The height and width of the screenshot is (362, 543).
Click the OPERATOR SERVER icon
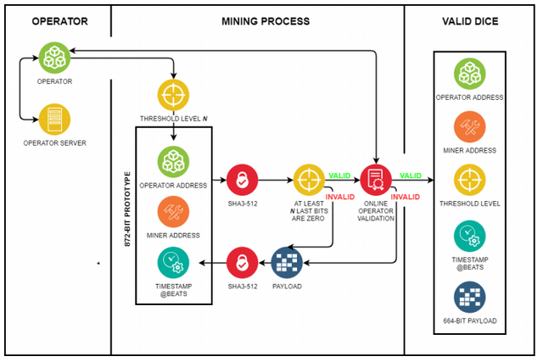tap(53, 120)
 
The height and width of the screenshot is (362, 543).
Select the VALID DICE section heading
tap(469, 19)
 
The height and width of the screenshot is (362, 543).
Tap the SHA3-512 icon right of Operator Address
tap(242, 180)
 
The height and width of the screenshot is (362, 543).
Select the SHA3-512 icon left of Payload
tap(242, 263)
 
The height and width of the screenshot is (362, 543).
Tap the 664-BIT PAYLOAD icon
tap(469, 297)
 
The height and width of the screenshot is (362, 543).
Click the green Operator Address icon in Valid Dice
tap(469, 75)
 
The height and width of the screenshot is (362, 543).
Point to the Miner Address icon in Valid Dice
tap(469, 127)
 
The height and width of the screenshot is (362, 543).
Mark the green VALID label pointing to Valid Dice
tap(410, 175)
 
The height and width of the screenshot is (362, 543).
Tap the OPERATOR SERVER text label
tap(53, 142)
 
